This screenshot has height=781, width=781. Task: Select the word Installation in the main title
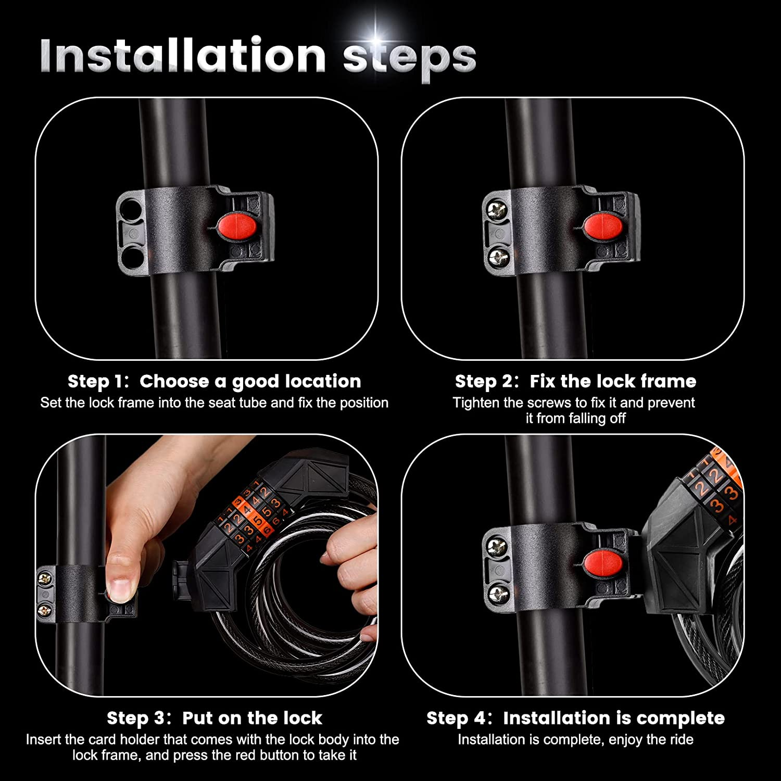point(183,55)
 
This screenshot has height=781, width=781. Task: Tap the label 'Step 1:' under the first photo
point(98,382)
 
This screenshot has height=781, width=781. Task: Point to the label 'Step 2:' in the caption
point(487,382)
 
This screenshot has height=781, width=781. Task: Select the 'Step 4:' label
point(459,719)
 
